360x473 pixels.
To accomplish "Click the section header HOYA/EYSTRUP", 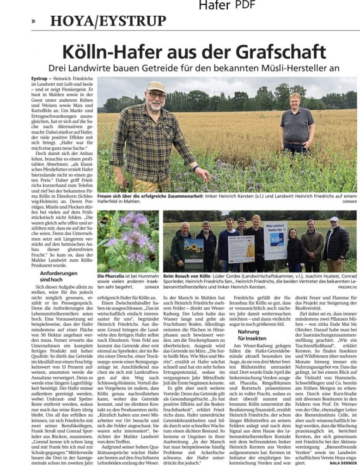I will pyautogui.click(x=108, y=21).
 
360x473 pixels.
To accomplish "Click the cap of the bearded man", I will pyautogui.click(x=156, y=86).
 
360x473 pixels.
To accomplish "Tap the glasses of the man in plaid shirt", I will pyautogui.click(x=157, y=96).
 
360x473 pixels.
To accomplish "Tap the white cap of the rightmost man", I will pyautogui.click(x=334, y=219).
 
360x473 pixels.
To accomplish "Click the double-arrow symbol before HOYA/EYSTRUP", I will pyautogui.click(x=33, y=21).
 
